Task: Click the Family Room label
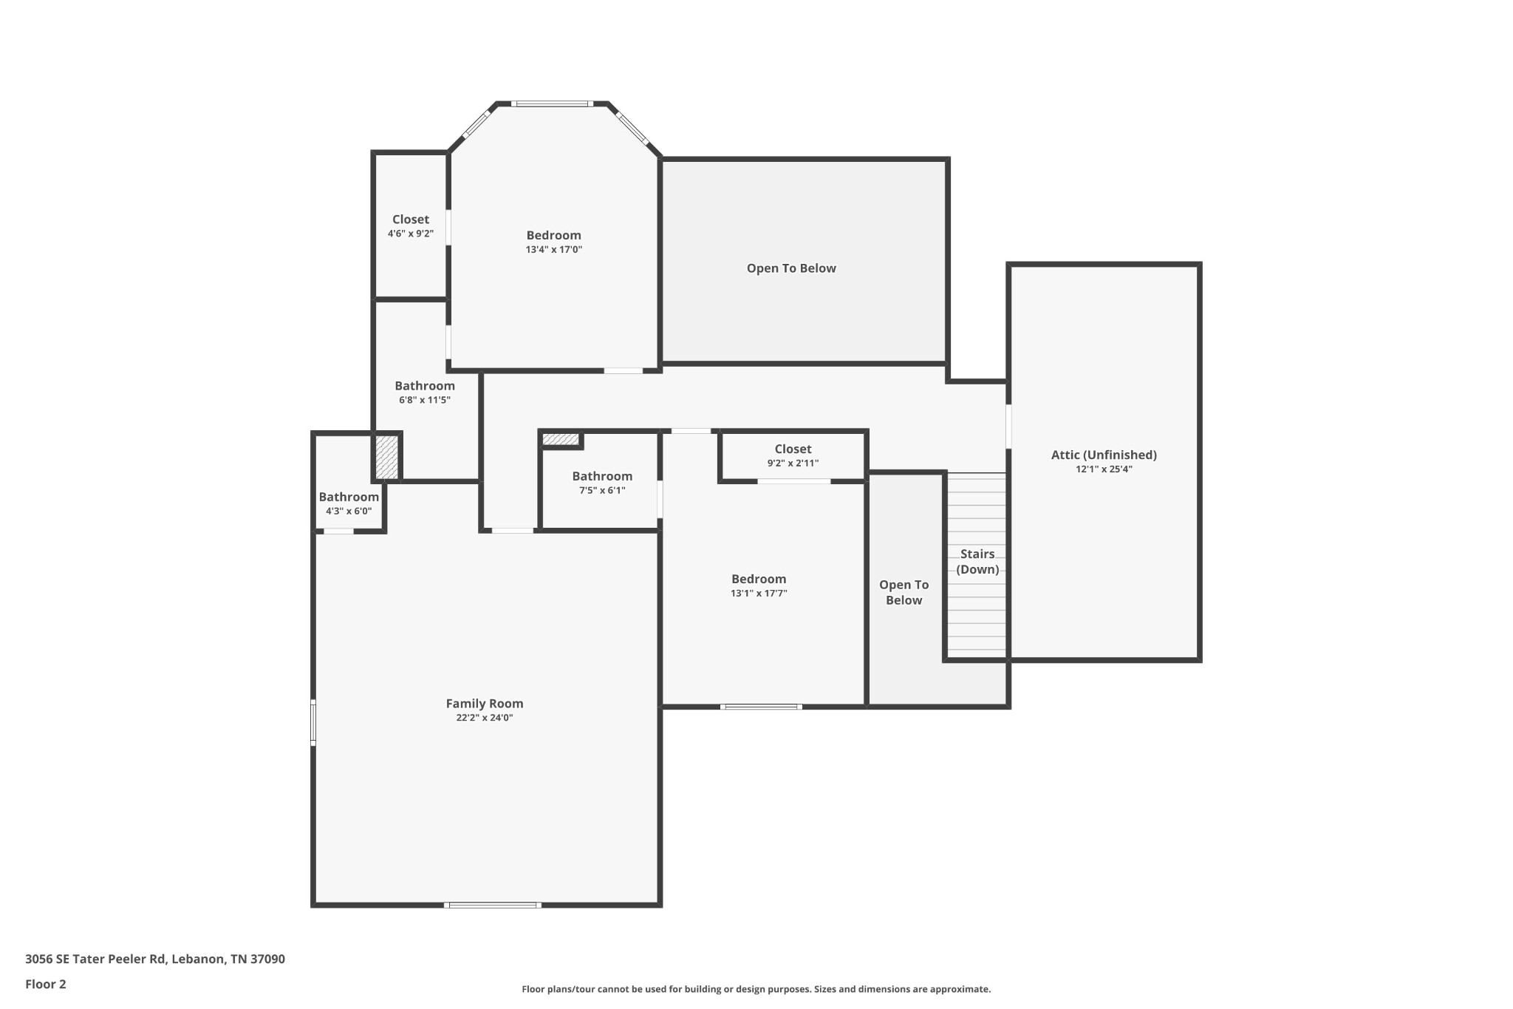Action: [x=484, y=704]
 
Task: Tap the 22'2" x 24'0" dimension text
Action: [x=484, y=718]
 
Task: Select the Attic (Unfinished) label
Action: [x=1104, y=455]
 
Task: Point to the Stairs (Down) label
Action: [x=977, y=561]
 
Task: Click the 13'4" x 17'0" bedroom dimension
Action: [x=553, y=250]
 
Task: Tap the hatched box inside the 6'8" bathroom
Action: [x=386, y=457]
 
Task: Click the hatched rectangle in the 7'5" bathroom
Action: [x=561, y=439]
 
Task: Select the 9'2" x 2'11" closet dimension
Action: [x=793, y=463]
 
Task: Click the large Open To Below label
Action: [x=791, y=268]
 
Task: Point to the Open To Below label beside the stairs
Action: [x=904, y=592]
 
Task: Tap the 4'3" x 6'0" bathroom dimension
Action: [x=349, y=511]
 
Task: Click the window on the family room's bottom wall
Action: [x=493, y=905]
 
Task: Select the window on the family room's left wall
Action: [x=313, y=722]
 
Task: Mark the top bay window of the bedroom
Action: [x=552, y=104]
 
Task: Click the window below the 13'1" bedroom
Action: [x=761, y=707]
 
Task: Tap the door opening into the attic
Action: [x=1008, y=426]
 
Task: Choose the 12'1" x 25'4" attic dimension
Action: [x=1104, y=469]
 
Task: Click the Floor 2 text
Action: [x=45, y=984]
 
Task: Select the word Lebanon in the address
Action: [x=198, y=959]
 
